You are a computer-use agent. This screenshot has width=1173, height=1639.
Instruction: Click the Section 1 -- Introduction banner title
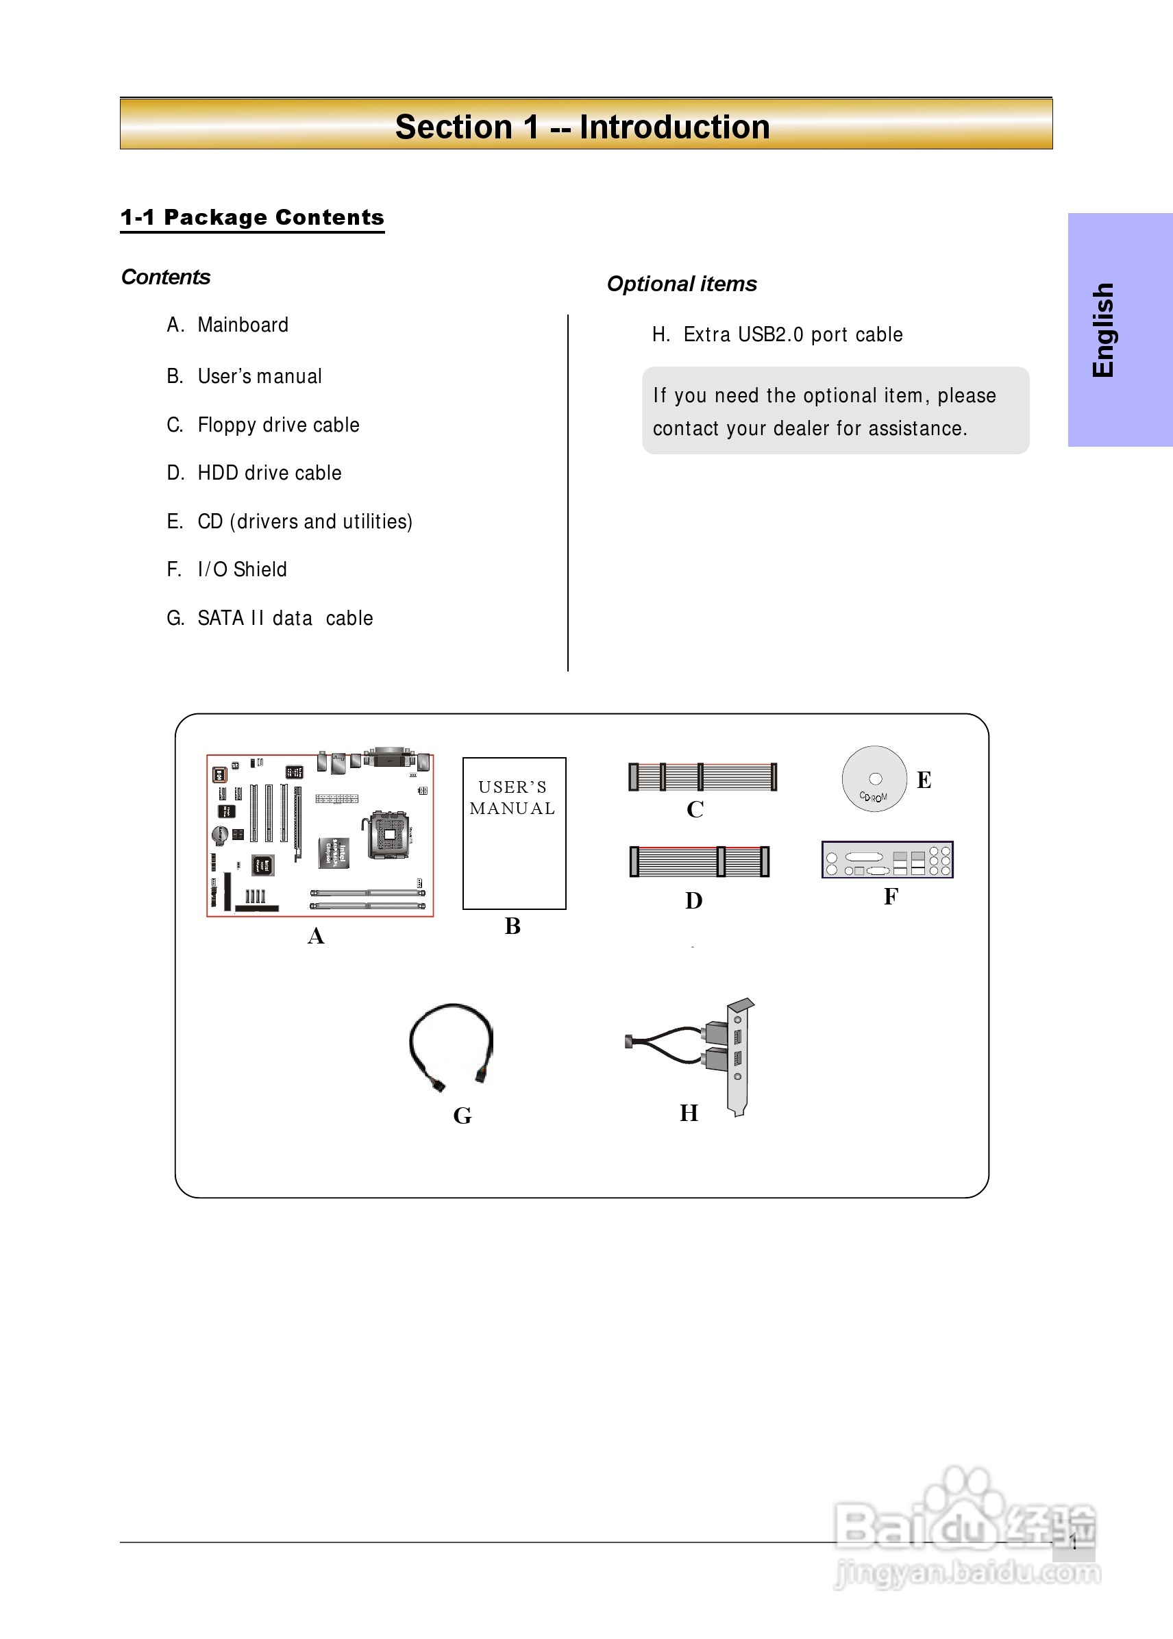pyautogui.click(x=582, y=127)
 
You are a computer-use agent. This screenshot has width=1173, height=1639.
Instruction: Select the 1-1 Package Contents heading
pyautogui.click(x=252, y=217)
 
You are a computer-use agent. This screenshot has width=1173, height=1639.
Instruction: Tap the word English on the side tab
pyautogui.click(x=1103, y=330)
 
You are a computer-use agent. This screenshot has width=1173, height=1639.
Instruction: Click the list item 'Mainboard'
pyautogui.click(x=243, y=325)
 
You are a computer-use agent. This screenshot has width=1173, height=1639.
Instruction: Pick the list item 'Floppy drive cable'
pyautogui.click(x=278, y=425)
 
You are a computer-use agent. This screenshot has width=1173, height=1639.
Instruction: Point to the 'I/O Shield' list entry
pyautogui.click(x=242, y=569)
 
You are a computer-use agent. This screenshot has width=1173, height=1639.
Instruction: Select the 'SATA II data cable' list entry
pyautogui.click(x=285, y=618)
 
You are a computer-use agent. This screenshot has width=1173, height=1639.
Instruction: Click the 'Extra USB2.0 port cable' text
pyautogui.click(x=792, y=334)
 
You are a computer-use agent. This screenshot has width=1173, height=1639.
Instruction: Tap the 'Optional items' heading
pyautogui.click(x=681, y=284)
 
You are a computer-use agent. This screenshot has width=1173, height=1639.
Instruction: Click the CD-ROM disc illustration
pyautogui.click(x=874, y=778)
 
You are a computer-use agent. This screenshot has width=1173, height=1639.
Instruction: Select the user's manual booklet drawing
pyautogui.click(x=514, y=833)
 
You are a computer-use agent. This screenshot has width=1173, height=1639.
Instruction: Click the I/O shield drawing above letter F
pyautogui.click(x=887, y=860)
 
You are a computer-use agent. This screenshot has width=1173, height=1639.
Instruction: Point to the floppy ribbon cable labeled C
pyautogui.click(x=702, y=776)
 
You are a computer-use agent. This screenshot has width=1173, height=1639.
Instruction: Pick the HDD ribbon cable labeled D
pyautogui.click(x=699, y=861)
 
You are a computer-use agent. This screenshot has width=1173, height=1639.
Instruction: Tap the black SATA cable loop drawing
pyautogui.click(x=452, y=1044)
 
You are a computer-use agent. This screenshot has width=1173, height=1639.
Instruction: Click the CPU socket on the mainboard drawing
pyautogui.click(x=389, y=835)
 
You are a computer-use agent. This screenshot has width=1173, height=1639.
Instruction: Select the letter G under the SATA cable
pyautogui.click(x=462, y=1116)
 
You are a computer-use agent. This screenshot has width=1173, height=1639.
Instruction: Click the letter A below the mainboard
pyautogui.click(x=316, y=936)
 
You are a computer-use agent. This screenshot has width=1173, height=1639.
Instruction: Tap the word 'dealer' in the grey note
pyautogui.click(x=802, y=428)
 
